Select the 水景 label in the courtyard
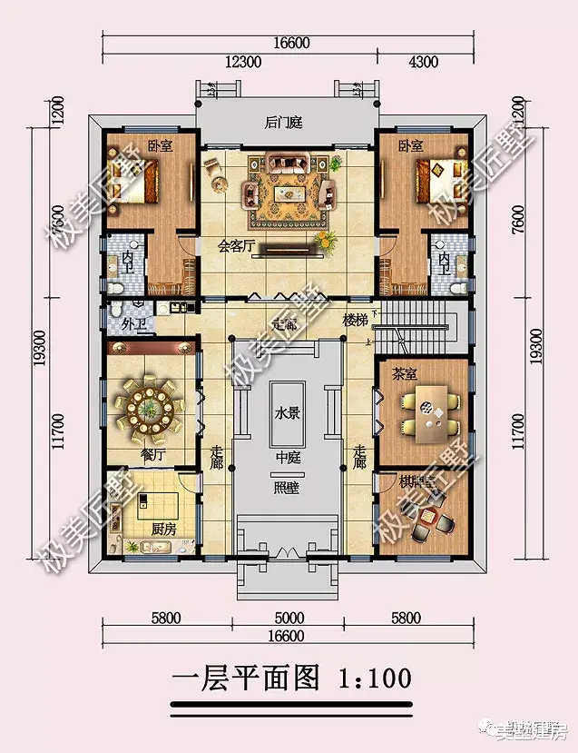point(287,412)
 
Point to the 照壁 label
point(287,486)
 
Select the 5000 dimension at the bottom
point(289,619)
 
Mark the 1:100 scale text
point(374,677)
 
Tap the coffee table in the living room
point(289,193)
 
